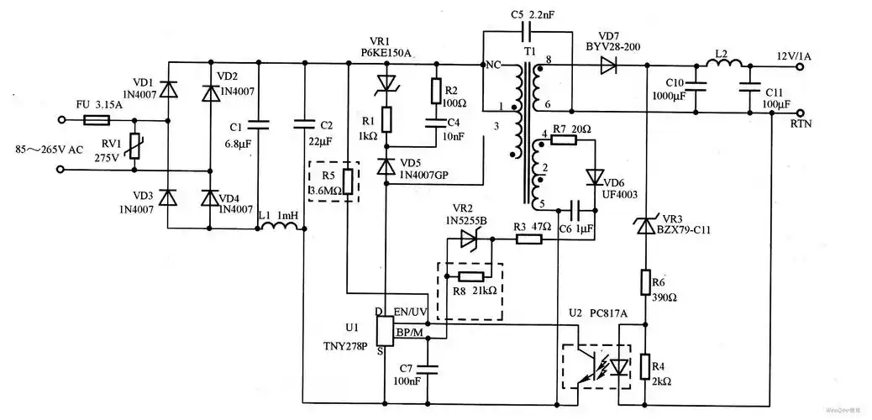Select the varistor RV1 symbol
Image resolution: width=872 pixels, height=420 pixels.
click(x=134, y=145)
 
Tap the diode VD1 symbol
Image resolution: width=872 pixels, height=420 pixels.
click(x=168, y=87)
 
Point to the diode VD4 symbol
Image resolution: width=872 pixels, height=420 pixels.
click(x=209, y=197)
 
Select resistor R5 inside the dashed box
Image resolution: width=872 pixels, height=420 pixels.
click(x=347, y=179)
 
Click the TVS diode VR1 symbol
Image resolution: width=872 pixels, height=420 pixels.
click(x=386, y=82)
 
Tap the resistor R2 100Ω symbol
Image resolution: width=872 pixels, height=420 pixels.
click(x=436, y=90)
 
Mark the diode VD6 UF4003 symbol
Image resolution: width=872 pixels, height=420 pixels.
click(x=595, y=177)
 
